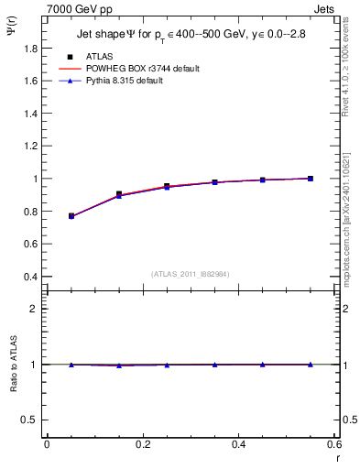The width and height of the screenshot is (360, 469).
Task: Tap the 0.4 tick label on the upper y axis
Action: pyautogui.click(x=30, y=277)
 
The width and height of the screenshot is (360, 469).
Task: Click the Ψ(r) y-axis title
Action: pyautogui.click(x=11, y=30)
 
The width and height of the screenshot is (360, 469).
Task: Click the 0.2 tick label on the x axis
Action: pyautogui.click(x=142, y=444)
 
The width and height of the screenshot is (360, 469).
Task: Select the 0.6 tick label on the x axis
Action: pyautogui.click(x=334, y=444)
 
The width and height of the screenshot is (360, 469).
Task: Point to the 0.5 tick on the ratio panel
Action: pyautogui.click(x=30, y=420)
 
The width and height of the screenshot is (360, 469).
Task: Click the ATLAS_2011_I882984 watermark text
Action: pyautogui.click(x=190, y=273)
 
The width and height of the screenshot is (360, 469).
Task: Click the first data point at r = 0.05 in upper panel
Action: pyautogui.click(x=71, y=216)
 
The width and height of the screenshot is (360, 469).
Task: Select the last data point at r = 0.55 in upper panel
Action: pyautogui.click(x=311, y=179)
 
